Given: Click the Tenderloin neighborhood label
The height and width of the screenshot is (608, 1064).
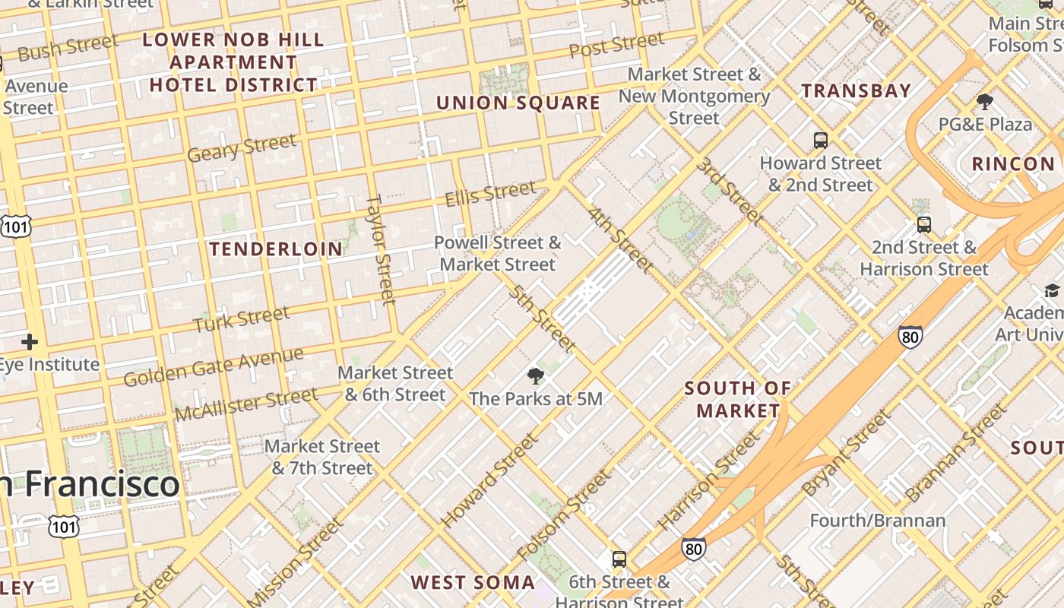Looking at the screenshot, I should (276, 249).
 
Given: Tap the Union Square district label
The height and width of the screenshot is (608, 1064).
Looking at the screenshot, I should (518, 103).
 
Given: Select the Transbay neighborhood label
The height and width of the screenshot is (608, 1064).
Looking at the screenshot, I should (857, 90).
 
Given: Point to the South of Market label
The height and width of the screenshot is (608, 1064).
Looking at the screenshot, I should (738, 400).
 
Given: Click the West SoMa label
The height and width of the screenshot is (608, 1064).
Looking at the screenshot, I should (473, 583).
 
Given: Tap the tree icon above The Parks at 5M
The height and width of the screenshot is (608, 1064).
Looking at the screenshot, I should (536, 375).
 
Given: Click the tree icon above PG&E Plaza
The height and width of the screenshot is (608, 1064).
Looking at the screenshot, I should (985, 101).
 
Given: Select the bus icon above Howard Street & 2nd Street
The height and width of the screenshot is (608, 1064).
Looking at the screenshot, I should (821, 140).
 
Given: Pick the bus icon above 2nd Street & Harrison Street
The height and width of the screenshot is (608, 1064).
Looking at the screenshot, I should (924, 224).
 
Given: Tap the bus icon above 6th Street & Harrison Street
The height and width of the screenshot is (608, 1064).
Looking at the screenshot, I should (619, 559).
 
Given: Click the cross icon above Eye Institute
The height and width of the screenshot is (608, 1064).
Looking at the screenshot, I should (30, 342).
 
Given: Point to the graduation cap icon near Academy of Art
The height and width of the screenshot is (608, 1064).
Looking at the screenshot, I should (1052, 290).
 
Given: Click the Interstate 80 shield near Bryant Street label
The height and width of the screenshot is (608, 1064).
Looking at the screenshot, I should (910, 336).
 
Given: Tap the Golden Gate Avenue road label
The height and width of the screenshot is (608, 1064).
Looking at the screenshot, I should (214, 367).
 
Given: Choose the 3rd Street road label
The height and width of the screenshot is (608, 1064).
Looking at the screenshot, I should (730, 191).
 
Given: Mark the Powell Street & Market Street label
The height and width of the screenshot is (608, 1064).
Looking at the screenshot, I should (498, 254).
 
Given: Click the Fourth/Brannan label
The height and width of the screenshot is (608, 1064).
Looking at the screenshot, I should (878, 521).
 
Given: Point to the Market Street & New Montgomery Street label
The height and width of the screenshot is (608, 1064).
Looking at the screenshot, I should (694, 96).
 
